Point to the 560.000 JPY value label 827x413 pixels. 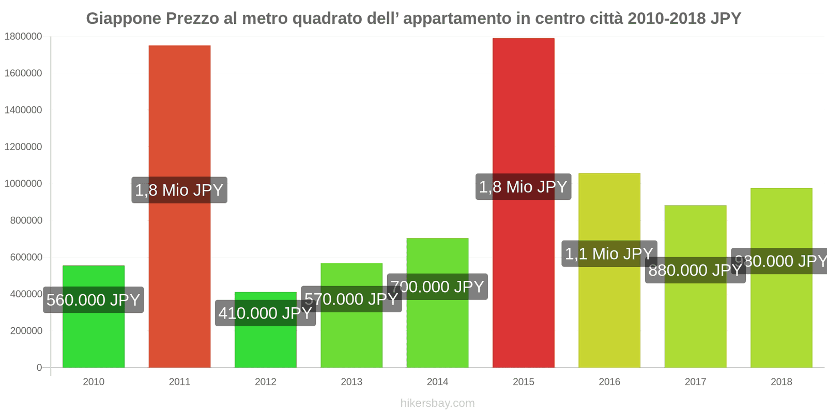pyautogui.click(x=93, y=300)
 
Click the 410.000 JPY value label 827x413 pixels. pyautogui.click(x=265, y=313)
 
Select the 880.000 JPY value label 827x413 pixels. pyautogui.click(x=695, y=270)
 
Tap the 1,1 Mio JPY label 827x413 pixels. pyautogui.click(x=609, y=253)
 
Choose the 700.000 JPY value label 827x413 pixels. pyautogui.click(x=437, y=287)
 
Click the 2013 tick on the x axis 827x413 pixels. pyautogui.click(x=351, y=382)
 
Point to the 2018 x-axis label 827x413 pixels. pyautogui.click(x=781, y=382)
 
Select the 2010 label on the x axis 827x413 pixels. pyautogui.click(x=94, y=382)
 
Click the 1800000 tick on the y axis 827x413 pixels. pyautogui.click(x=23, y=37)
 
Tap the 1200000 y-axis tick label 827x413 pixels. pyautogui.click(x=23, y=147)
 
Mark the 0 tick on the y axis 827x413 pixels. pyautogui.click(x=39, y=368)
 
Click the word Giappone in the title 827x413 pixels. pyautogui.click(x=124, y=19)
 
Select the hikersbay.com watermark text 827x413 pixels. pyautogui.click(x=437, y=403)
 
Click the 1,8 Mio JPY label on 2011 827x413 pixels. pyautogui.click(x=179, y=190)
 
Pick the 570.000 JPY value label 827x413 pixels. pyautogui.click(x=351, y=299)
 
